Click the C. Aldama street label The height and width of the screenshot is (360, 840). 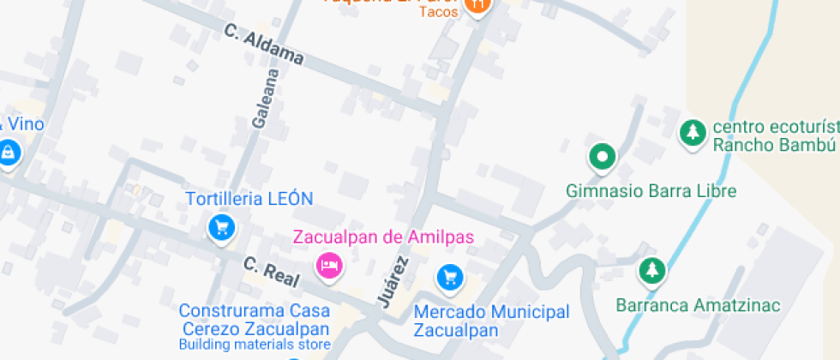264,45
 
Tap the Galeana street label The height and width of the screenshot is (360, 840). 267,99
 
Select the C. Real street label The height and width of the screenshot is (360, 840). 271,272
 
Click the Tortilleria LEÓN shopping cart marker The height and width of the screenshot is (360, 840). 222,227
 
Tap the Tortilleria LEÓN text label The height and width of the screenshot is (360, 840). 249,199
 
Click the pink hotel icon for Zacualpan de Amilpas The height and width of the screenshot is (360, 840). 329,266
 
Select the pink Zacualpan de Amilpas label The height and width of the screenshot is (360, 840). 383,237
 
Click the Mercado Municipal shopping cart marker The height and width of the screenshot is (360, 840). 449,277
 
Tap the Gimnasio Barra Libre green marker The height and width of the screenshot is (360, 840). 602,157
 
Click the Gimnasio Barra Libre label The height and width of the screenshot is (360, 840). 651,190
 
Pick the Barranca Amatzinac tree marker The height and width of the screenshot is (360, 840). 652,271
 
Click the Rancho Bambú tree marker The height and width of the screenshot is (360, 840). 692,133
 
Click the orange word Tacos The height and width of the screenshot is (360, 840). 438,11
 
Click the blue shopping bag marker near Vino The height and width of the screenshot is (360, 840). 8,153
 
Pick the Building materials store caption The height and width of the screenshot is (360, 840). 255,345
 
